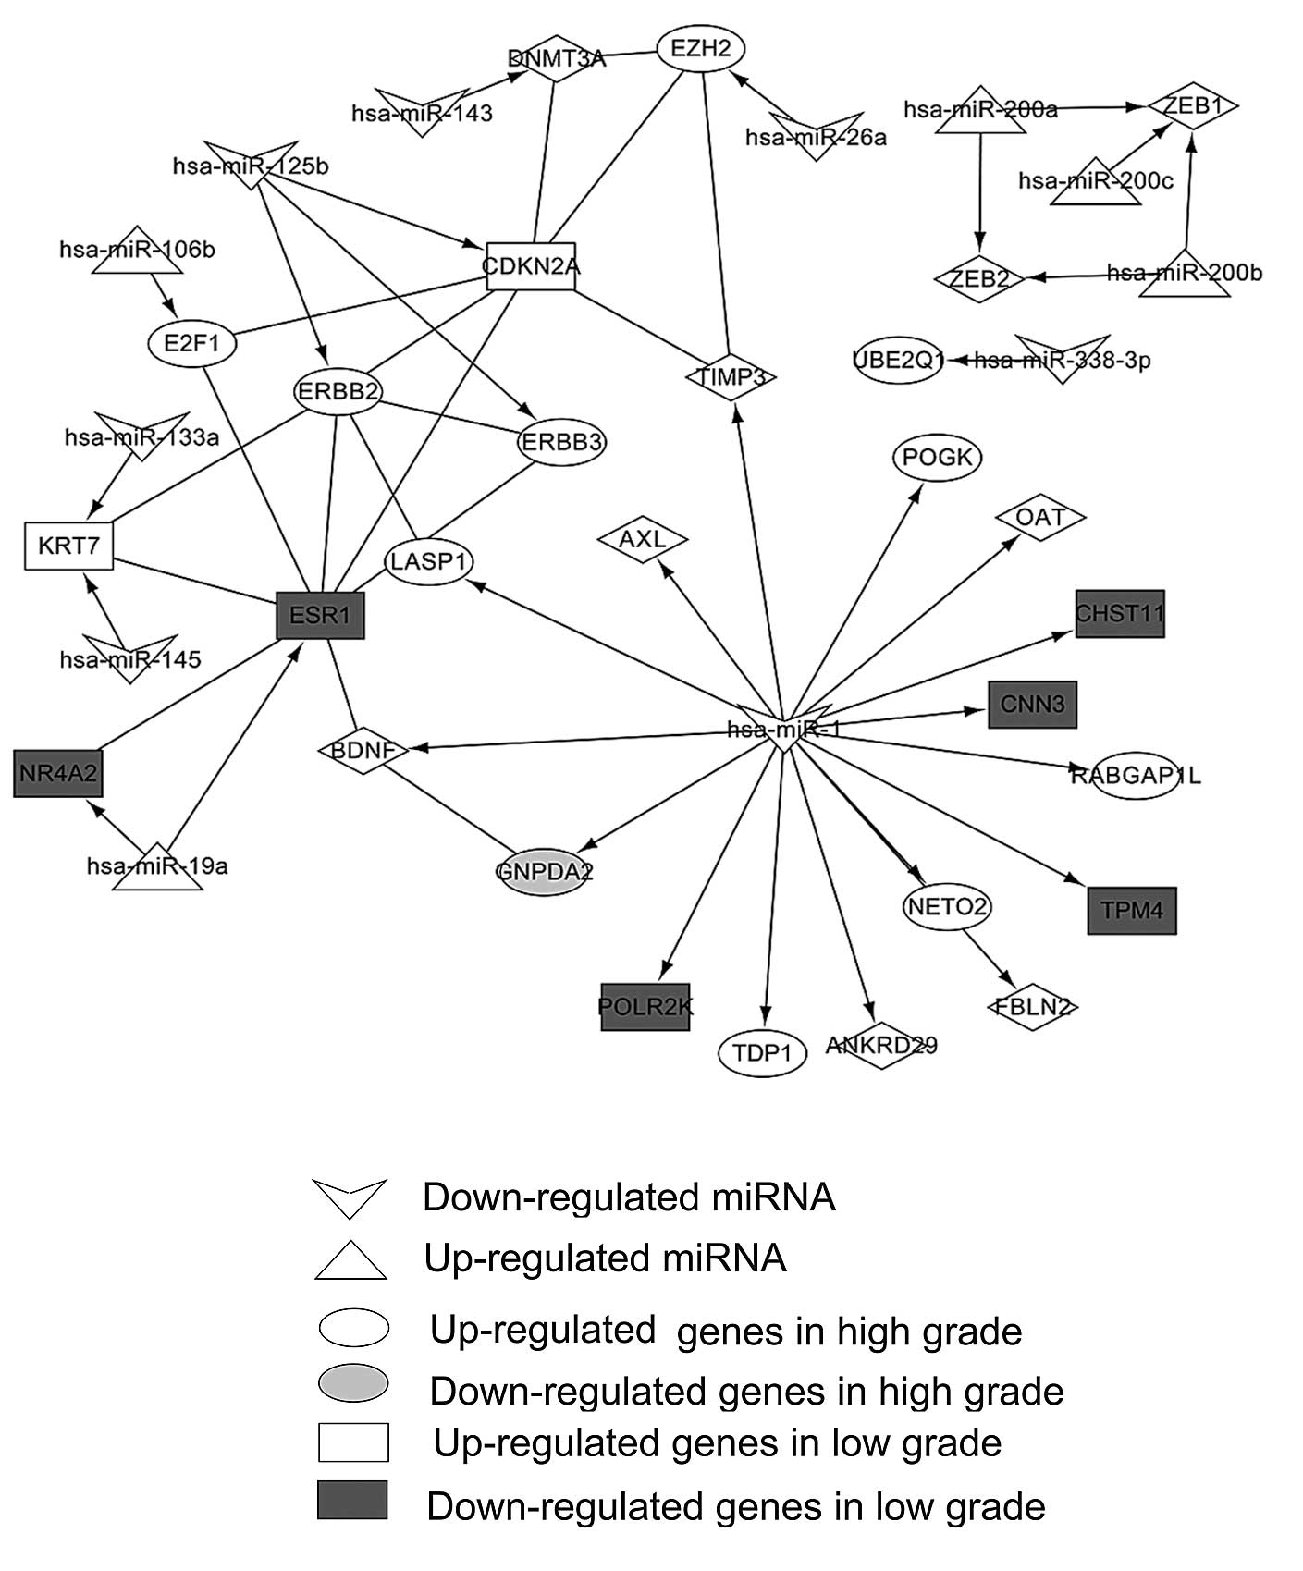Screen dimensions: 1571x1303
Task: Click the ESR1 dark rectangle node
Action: coord(321,615)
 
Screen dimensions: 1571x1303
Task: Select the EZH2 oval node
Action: coord(701,48)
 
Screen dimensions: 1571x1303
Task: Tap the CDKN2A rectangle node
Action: coord(531,266)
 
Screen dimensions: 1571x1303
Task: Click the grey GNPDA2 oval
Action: coord(544,871)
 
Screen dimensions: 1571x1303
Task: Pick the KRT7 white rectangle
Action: coord(68,546)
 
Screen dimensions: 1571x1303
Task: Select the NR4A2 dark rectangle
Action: coord(57,773)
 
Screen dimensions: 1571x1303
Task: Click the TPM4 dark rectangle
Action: coord(1132,910)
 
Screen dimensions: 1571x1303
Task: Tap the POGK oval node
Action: coord(938,458)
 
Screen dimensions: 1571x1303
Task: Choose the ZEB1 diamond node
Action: coord(1193,106)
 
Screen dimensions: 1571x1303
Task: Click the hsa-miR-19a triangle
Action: coord(157,867)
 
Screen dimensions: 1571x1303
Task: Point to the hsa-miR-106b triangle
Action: coord(137,251)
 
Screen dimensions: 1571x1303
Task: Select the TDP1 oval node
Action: coord(763,1052)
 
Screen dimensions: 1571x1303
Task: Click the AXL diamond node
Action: coord(642,538)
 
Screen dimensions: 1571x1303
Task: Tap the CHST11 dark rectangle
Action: coord(1120,613)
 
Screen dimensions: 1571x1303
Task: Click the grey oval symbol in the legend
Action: coord(353,1383)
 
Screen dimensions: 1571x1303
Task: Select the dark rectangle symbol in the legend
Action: coord(352,1499)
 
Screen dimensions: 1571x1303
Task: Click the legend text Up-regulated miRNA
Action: coord(605,1258)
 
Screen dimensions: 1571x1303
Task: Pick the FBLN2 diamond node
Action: coord(1032,1006)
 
